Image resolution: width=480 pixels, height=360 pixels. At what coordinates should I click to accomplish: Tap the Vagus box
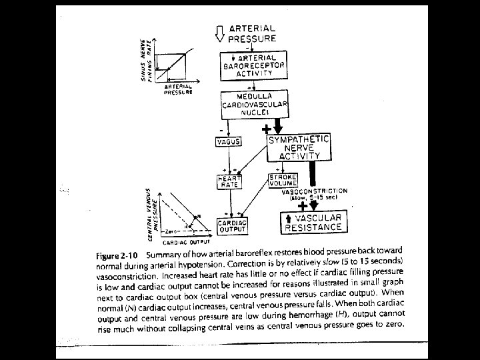coord(228,142)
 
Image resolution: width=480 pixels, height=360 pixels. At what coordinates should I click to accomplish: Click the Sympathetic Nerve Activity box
coord(299,147)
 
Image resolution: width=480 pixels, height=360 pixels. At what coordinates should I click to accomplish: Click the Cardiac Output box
coord(233,225)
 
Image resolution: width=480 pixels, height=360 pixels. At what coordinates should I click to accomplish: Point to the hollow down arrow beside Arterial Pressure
coord(221,33)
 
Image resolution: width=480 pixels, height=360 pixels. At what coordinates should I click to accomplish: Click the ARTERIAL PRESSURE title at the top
coord(252,33)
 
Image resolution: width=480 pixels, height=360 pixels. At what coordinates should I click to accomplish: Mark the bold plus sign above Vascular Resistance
coord(303,206)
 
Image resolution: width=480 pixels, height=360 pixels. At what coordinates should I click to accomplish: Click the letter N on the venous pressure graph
coord(197,215)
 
